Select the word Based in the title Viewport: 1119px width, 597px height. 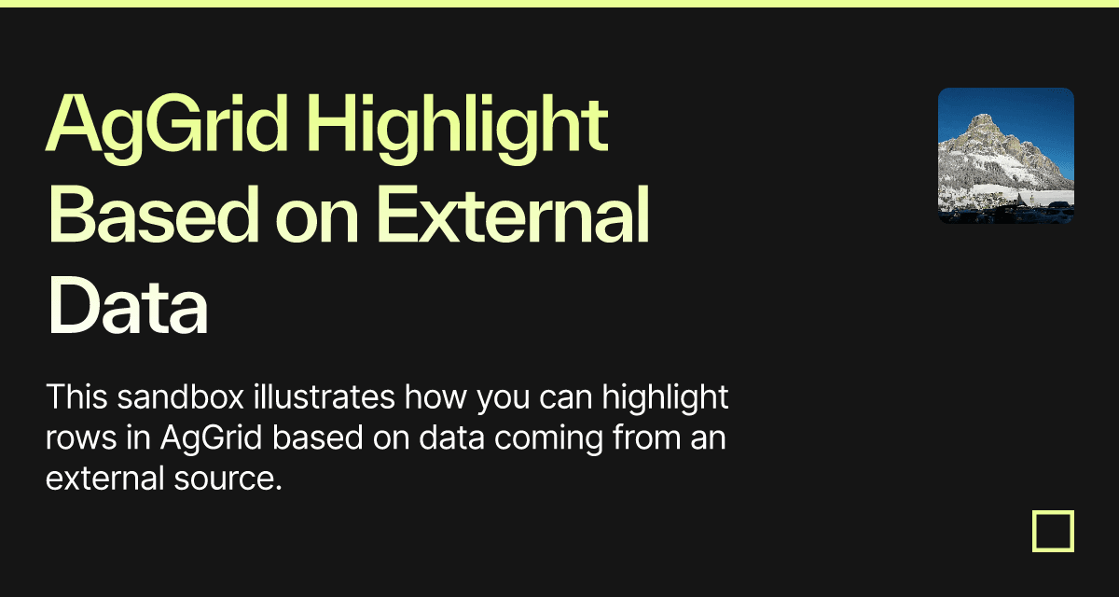point(153,215)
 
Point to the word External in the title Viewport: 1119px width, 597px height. point(513,215)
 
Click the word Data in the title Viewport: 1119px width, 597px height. point(128,305)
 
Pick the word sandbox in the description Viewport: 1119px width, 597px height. point(180,397)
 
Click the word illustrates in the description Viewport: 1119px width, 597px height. point(324,397)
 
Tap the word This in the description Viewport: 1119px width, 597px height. point(76,397)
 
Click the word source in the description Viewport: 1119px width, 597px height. point(228,479)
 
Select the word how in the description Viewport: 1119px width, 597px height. point(435,397)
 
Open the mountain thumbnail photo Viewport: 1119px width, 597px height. point(1006,156)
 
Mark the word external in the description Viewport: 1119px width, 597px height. point(104,479)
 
